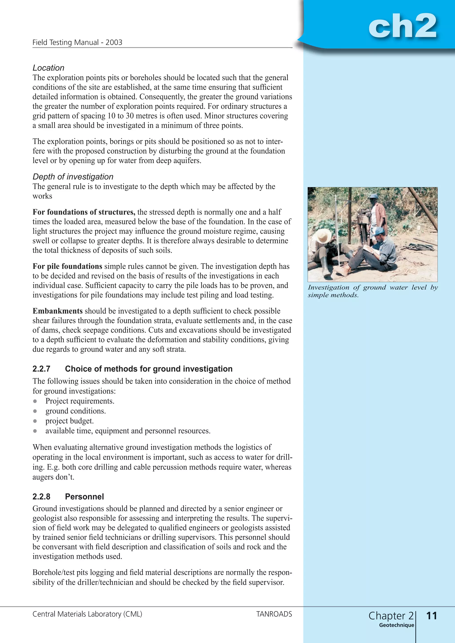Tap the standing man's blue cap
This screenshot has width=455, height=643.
(373, 196)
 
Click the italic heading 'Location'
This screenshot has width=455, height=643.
(48, 68)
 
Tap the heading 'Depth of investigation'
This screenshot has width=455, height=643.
(73, 177)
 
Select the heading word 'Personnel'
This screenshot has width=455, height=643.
(84, 496)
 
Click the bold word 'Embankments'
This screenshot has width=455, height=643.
(58, 311)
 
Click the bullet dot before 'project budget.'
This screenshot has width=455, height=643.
(35, 421)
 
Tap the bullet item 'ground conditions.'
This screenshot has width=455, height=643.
(76, 411)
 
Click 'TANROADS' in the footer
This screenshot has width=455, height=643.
(274, 614)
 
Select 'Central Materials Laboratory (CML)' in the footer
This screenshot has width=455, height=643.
(87, 614)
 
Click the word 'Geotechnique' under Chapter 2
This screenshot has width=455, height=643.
(396, 625)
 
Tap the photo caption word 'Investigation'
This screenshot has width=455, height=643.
(328, 287)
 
